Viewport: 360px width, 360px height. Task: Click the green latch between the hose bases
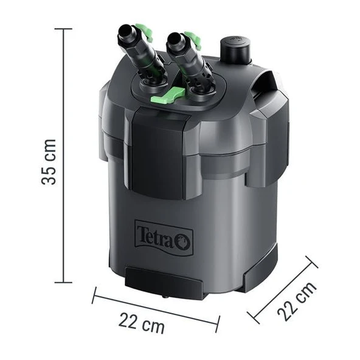point(173,93)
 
